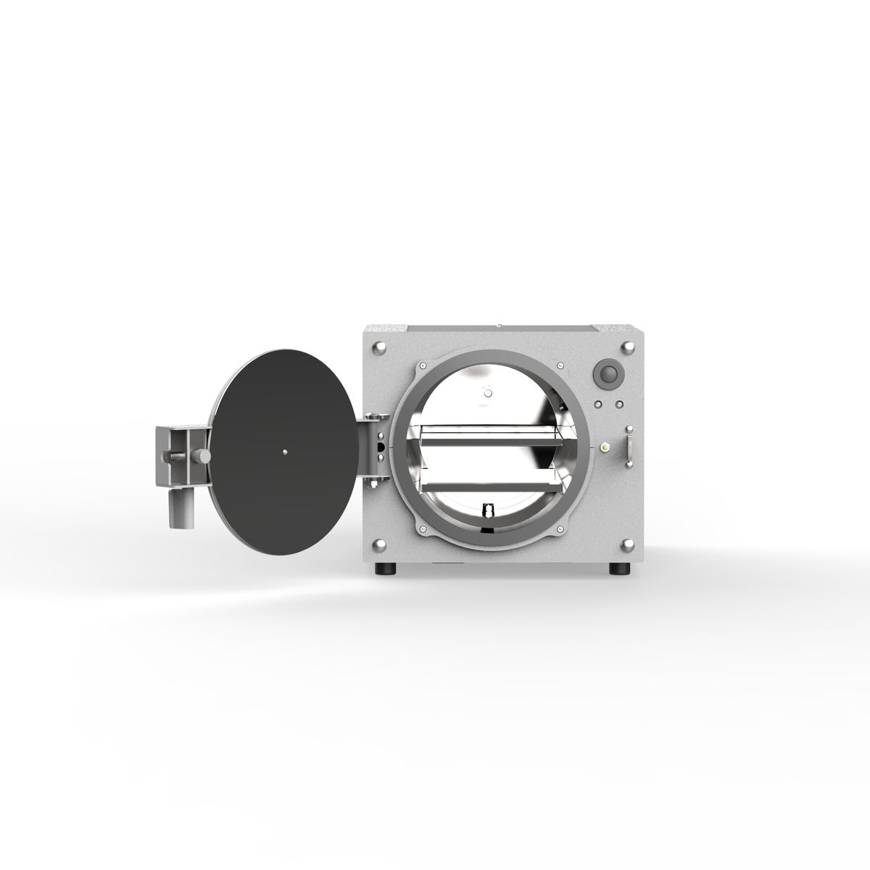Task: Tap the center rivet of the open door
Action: click(286, 451)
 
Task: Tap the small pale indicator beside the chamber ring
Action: click(602, 447)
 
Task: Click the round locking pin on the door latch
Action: click(204, 456)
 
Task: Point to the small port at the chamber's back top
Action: click(488, 393)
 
